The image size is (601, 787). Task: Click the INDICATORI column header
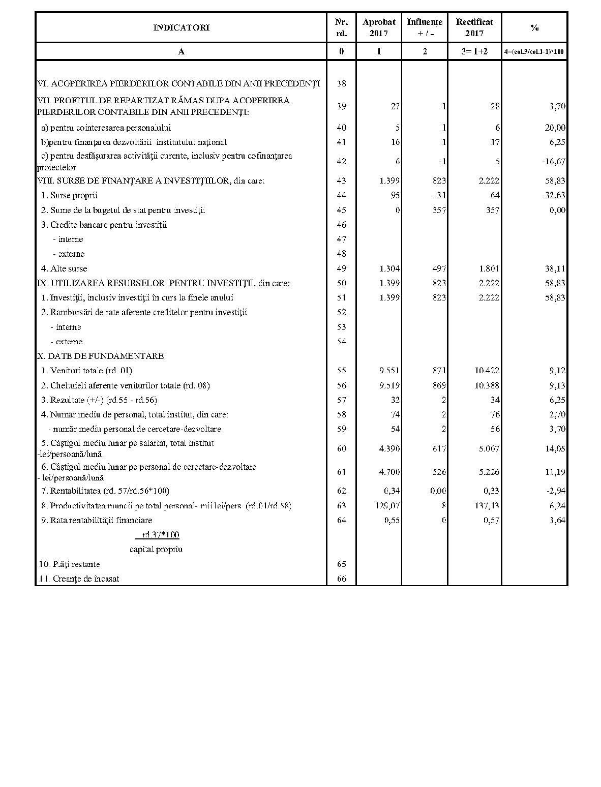(181, 27)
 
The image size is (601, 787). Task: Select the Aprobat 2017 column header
(379, 27)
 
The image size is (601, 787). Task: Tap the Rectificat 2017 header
(474, 27)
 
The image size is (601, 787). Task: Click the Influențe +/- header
(425, 27)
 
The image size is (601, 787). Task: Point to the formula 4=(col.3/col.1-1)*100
(534, 51)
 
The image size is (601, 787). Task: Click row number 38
(341, 83)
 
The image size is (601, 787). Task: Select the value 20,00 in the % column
(555, 128)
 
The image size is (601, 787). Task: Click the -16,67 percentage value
(553, 162)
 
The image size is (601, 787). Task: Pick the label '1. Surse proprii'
(69, 195)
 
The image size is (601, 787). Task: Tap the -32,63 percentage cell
(553, 195)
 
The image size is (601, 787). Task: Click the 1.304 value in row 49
(389, 268)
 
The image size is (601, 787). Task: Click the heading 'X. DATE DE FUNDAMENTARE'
(101, 356)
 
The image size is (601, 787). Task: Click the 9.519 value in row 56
(389, 385)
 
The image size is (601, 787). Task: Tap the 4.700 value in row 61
(389, 472)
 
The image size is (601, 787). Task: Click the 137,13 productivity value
(487, 506)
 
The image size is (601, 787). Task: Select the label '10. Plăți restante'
(70, 564)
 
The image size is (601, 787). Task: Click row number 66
(341, 579)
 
